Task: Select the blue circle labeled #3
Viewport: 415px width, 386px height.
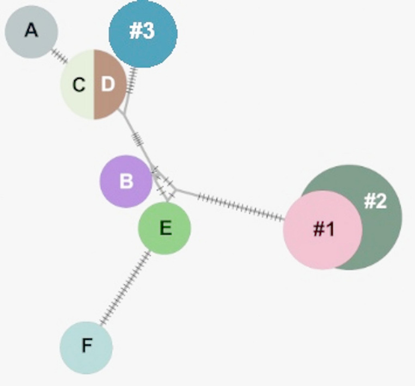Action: (143, 33)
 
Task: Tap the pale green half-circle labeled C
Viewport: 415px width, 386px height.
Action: (78, 85)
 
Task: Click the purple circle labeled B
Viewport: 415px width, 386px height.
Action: (126, 181)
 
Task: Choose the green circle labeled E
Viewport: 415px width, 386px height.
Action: (164, 228)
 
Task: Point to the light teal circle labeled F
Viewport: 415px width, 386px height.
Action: (86, 347)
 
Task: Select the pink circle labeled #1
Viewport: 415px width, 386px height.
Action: (322, 229)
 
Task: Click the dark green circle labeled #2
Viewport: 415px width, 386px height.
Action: (381, 218)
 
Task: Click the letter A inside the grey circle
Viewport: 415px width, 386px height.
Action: (32, 31)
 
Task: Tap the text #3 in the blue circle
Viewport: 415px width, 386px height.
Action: (142, 31)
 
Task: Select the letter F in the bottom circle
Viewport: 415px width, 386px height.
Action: (86, 346)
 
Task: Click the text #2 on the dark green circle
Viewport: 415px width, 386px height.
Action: (375, 201)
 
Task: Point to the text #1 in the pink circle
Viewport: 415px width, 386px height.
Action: (324, 230)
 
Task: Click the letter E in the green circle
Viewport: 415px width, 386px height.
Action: (166, 228)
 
